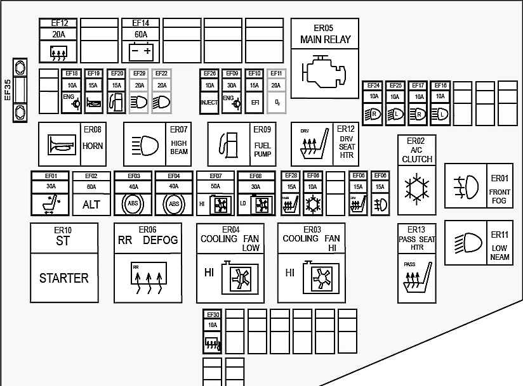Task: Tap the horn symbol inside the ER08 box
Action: tap(62, 146)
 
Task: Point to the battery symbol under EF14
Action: tap(141, 50)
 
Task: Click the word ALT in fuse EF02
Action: tap(91, 205)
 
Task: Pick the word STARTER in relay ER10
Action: tap(64, 278)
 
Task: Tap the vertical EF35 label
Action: tap(8, 89)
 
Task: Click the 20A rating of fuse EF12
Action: tap(59, 35)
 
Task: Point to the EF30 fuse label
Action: tap(213, 315)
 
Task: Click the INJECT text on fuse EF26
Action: tap(209, 102)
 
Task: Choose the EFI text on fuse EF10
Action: tap(254, 102)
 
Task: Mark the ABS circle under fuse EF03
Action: tap(133, 205)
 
